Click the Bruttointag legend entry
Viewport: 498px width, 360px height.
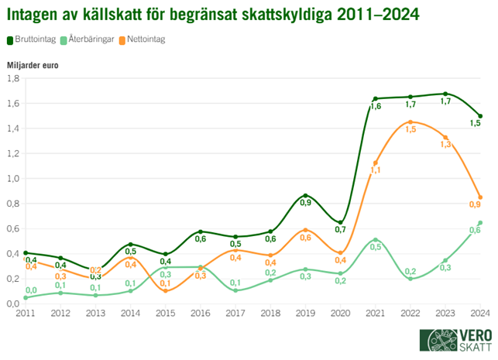click(x=32, y=39)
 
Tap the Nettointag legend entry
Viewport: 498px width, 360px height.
click(x=147, y=39)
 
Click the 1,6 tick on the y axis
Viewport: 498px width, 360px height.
click(x=12, y=103)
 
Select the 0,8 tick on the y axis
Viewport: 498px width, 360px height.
click(x=12, y=204)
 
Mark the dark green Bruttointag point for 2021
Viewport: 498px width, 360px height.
click(x=376, y=99)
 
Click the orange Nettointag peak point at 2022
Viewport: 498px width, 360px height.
click(x=410, y=122)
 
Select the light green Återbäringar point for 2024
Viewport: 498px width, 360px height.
click(x=480, y=223)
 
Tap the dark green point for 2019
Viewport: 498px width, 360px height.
click(x=306, y=195)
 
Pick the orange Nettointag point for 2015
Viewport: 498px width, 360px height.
click(x=166, y=290)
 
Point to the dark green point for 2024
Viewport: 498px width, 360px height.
click(x=480, y=116)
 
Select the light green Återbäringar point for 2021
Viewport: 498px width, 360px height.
click(x=376, y=240)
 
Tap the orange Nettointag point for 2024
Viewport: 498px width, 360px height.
click(x=480, y=197)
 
